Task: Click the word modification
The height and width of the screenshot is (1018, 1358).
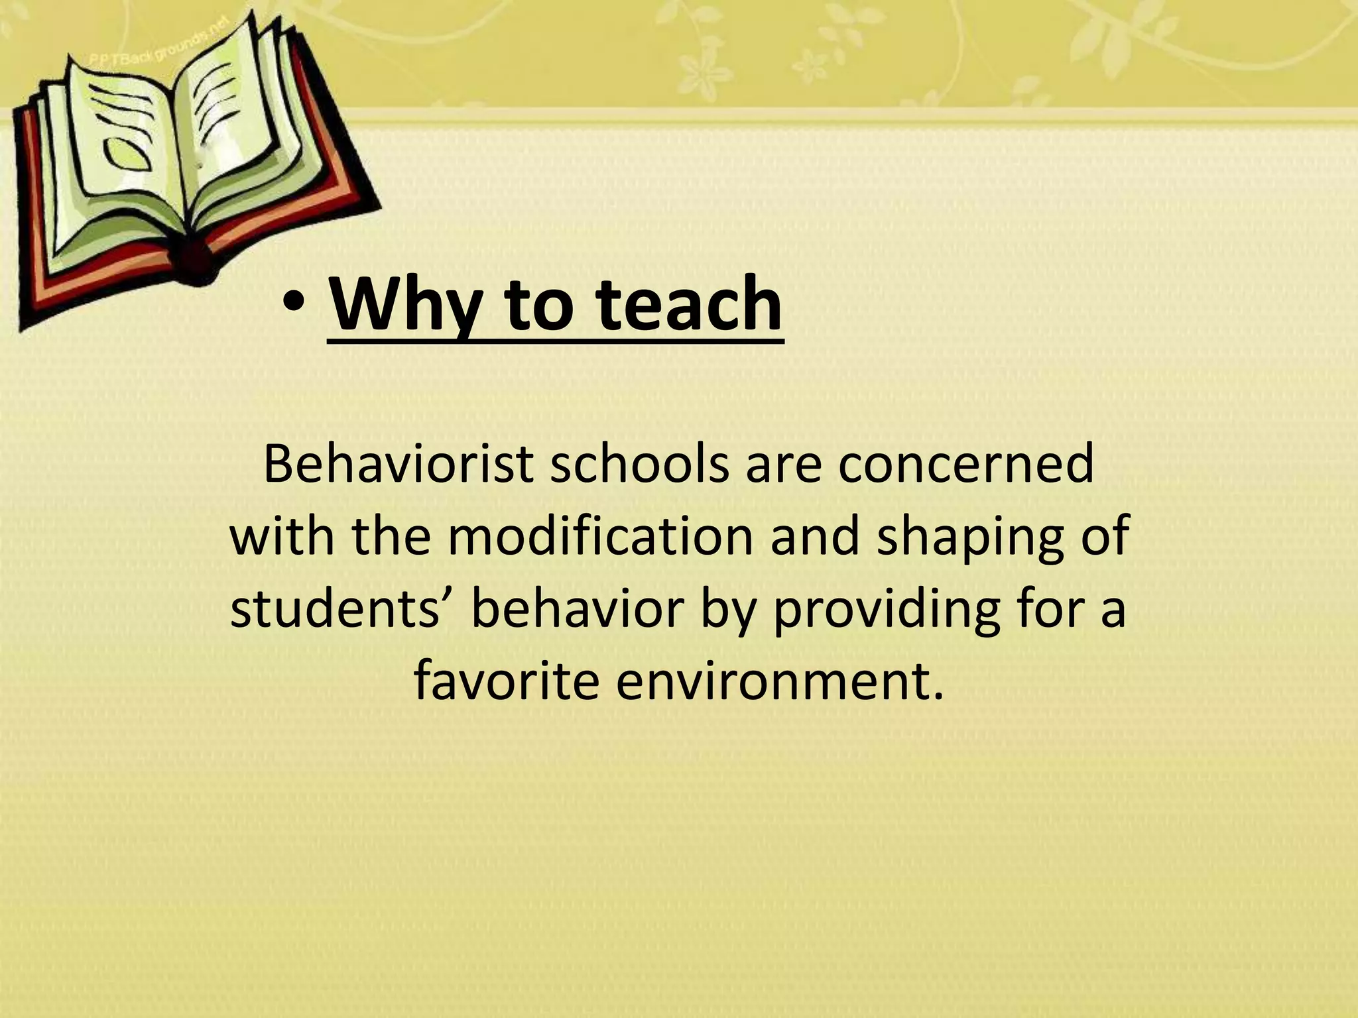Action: click(601, 536)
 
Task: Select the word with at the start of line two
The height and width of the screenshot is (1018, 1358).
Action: click(282, 536)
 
